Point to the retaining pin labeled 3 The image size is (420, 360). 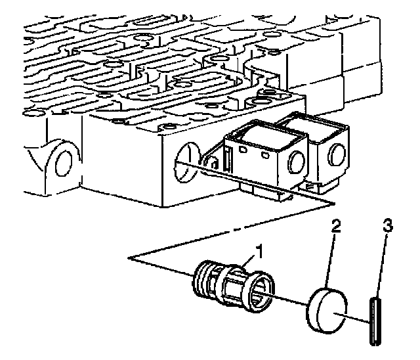(375, 321)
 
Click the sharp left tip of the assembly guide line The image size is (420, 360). (129, 259)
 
